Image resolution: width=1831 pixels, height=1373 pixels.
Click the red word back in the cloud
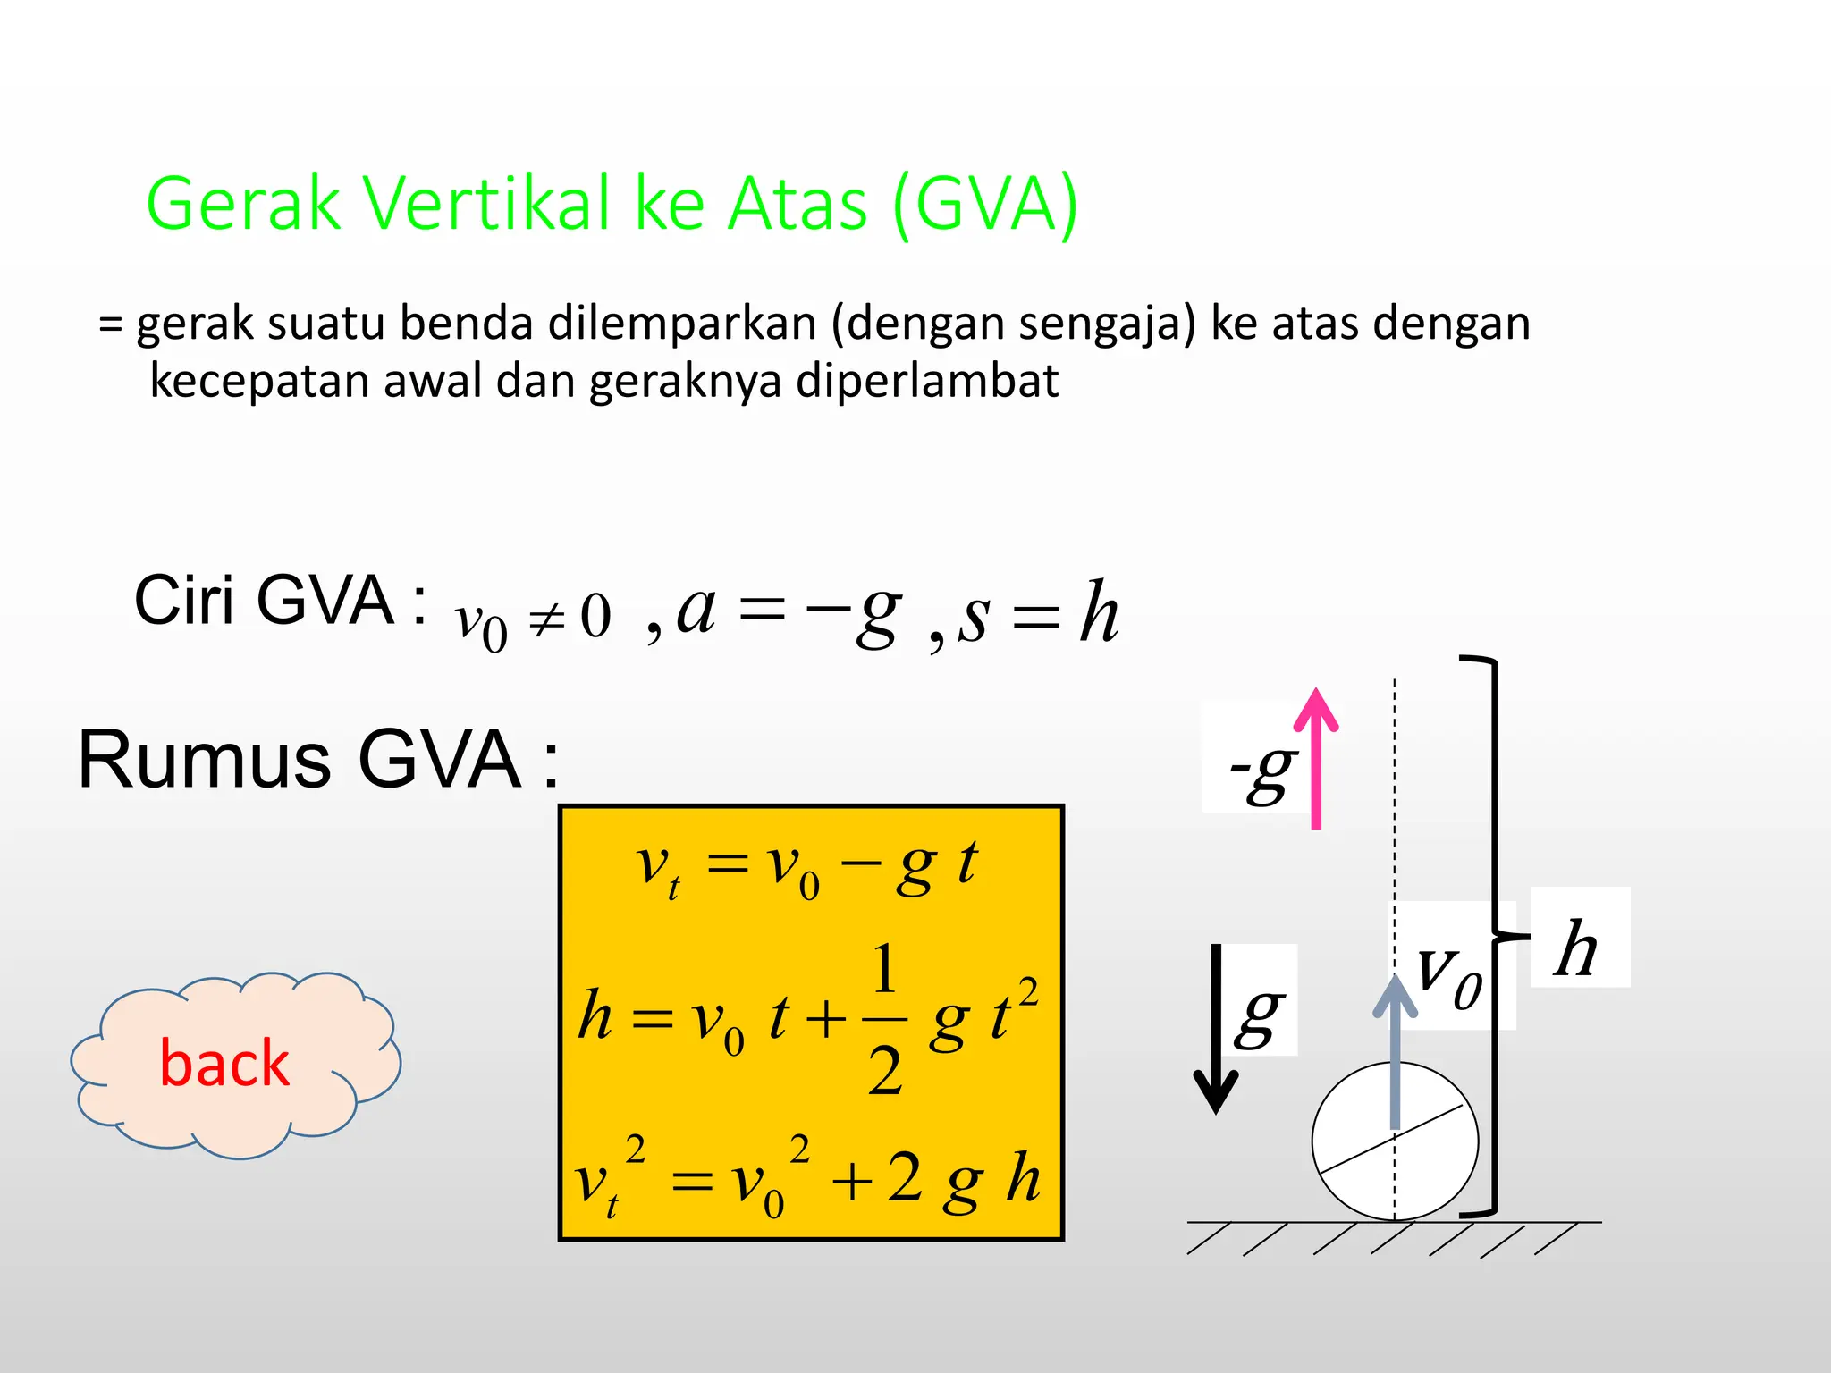(224, 1064)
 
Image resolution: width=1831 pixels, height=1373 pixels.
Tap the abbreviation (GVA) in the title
(985, 206)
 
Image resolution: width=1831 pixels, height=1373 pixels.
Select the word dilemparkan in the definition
(682, 324)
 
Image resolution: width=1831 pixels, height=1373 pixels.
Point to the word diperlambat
(926, 381)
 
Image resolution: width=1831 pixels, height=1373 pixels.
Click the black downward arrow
(1216, 1028)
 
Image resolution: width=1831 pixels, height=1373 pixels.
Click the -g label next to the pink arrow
(1261, 771)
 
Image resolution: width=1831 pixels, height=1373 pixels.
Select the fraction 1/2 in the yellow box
(884, 1019)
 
